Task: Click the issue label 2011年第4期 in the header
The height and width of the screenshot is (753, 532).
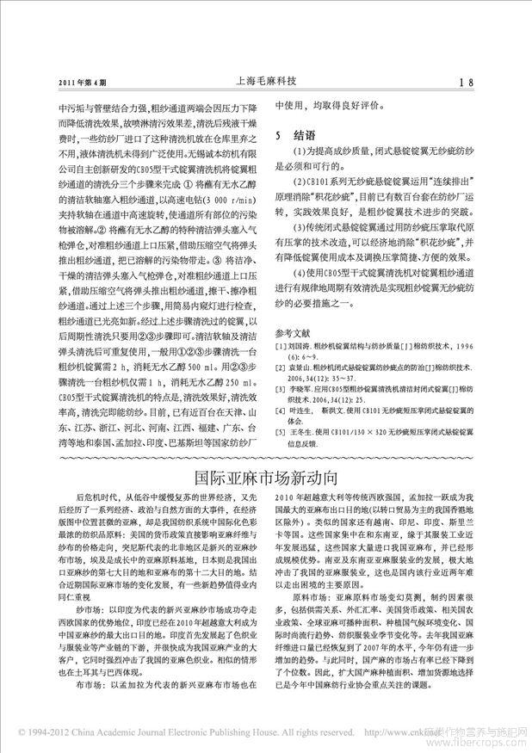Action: click(x=82, y=84)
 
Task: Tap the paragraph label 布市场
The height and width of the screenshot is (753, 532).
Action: click(x=90, y=662)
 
